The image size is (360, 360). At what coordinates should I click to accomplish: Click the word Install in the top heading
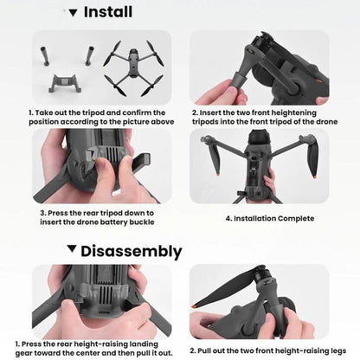coord(108,12)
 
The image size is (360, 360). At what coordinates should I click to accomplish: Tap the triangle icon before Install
coord(73,12)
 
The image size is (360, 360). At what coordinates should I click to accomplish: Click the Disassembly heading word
coord(132,252)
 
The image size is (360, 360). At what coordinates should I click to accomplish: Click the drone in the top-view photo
coord(133,67)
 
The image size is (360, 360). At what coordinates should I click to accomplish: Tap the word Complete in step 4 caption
coord(295,218)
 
